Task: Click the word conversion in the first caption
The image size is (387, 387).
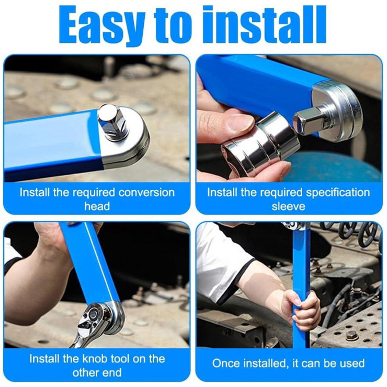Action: click(146, 192)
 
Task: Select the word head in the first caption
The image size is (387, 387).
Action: click(97, 206)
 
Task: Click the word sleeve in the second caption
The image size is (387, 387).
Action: click(288, 207)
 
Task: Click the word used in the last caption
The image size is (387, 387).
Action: click(351, 363)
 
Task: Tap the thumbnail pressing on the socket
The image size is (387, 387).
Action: click(239, 125)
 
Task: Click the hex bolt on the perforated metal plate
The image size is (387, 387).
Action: click(350, 335)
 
